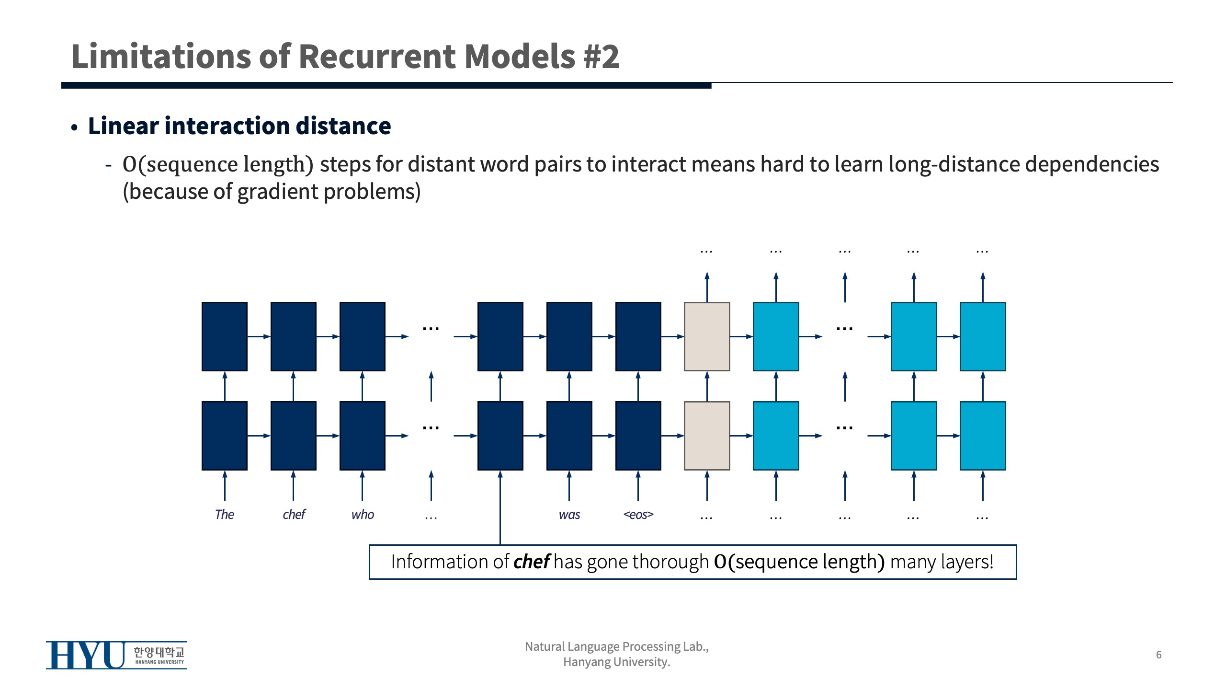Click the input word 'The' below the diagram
(x=224, y=515)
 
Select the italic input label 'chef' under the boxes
(x=294, y=515)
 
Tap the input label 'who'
(x=363, y=515)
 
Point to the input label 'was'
(x=569, y=515)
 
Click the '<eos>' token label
(x=638, y=515)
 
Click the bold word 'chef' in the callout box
(x=531, y=562)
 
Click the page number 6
(x=1158, y=655)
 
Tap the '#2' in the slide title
(x=601, y=57)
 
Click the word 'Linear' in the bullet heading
(x=123, y=126)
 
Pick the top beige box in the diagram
(x=707, y=336)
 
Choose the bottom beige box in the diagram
(x=707, y=436)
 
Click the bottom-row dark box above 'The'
(x=224, y=436)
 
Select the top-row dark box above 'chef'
(x=294, y=336)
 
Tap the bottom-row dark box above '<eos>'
(x=638, y=436)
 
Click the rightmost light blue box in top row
(x=983, y=336)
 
